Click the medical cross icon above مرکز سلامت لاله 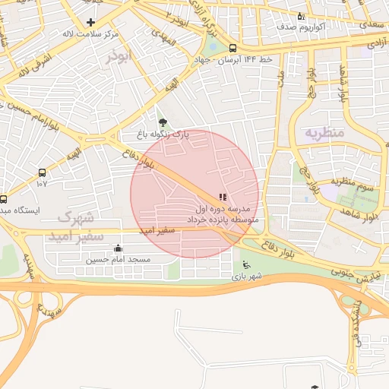[x=92, y=22]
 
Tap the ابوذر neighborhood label [x=120, y=58]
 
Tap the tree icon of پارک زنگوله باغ [x=160, y=122]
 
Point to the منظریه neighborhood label [x=325, y=132]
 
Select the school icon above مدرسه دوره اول [x=223, y=197]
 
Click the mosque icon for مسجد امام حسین [x=117, y=248]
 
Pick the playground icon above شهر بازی [x=245, y=265]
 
